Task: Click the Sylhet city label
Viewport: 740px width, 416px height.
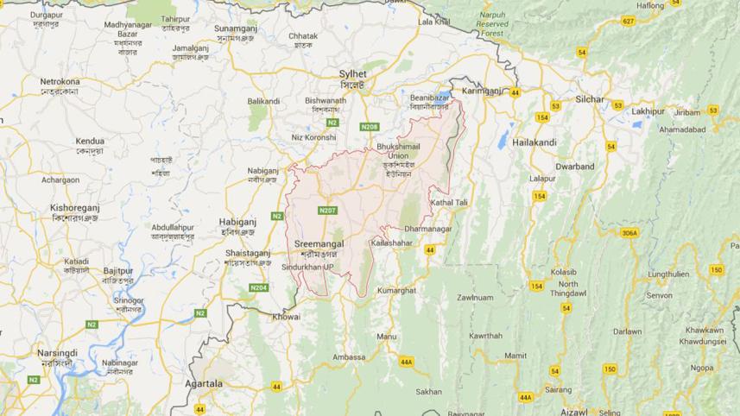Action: (352, 74)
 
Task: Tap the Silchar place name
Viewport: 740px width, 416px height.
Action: (590, 99)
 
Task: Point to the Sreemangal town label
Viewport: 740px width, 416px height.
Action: (319, 244)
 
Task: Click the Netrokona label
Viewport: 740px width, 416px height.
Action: (60, 82)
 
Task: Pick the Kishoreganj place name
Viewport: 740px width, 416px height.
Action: (76, 208)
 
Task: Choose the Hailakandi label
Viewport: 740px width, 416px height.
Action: (534, 142)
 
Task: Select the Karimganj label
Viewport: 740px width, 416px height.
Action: (482, 91)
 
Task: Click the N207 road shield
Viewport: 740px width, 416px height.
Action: (327, 210)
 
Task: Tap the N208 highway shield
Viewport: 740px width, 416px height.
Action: (370, 127)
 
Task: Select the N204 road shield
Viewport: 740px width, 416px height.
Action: (258, 287)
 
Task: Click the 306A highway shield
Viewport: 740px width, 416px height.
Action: (629, 233)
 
